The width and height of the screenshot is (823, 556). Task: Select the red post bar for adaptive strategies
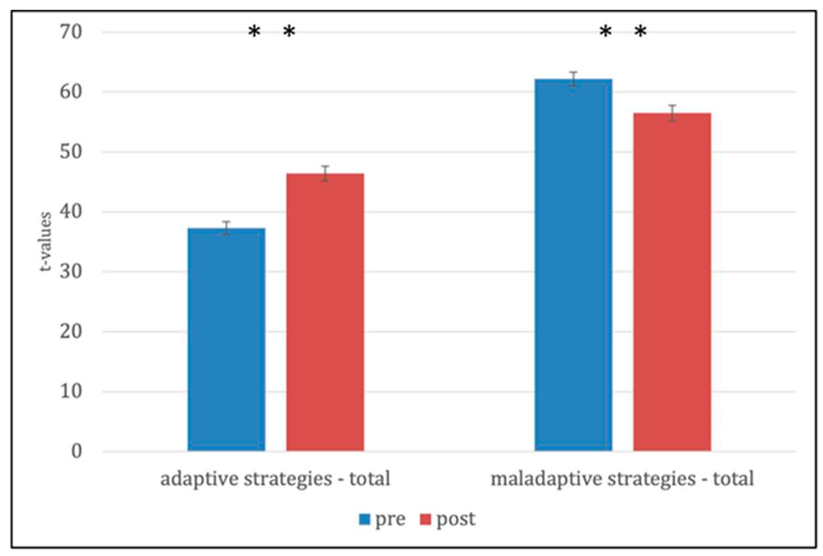tap(325, 312)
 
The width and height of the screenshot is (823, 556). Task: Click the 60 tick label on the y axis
tap(71, 92)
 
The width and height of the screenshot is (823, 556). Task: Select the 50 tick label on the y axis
tap(71, 152)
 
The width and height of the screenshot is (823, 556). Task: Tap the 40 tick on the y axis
tap(71, 212)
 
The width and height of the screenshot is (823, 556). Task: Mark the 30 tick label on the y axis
tap(71, 272)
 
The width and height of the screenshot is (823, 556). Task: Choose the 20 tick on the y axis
tap(71, 332)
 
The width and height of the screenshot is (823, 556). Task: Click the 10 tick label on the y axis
tap(71, 392)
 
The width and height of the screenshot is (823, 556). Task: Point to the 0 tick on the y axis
tap(77, 451)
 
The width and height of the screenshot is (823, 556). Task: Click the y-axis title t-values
tap(46, 242)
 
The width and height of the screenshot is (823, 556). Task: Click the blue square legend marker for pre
tap(364, 520)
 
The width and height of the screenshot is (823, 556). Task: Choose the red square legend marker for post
tap(425, 520)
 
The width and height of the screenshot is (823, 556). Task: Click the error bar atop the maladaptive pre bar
tap(573, 79)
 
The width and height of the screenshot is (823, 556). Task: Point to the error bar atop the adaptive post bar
tap(325, 173)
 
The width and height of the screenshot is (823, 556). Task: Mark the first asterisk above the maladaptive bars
tap(605, 32)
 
